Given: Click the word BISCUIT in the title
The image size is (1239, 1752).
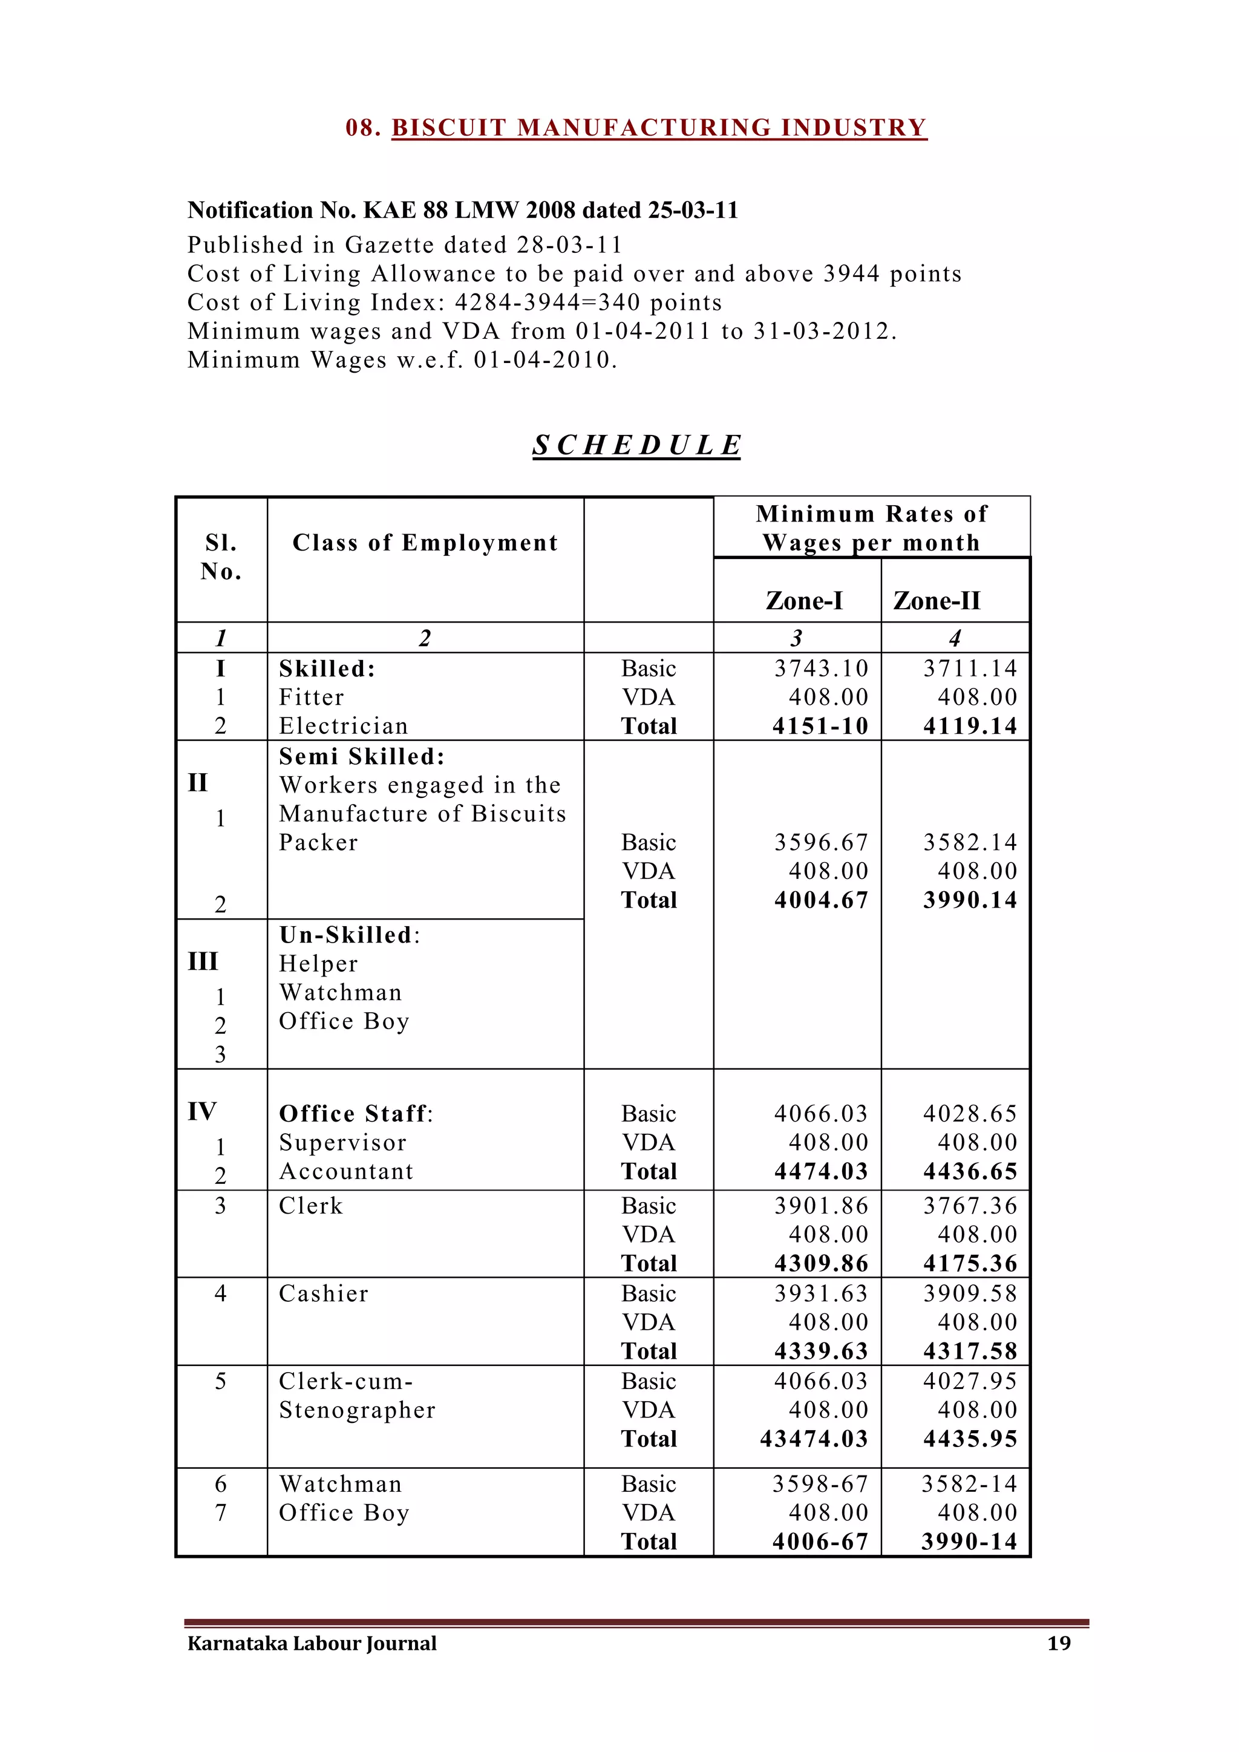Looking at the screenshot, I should point(449,128).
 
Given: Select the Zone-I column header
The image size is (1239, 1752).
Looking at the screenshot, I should point(804,601).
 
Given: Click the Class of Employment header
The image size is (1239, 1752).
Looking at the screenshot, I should point(425,543).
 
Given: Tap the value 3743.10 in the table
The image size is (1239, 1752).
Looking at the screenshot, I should point(821,668).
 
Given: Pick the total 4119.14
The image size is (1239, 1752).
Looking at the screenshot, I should point(970,726).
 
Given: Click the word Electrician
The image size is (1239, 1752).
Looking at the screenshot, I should point(343,726).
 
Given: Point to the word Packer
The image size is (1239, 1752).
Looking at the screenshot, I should point(318,843).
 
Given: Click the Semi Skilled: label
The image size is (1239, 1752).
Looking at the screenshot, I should point(362,756).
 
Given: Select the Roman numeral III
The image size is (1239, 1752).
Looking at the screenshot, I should point(203,961).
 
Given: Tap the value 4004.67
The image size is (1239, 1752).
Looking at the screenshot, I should point(821,900).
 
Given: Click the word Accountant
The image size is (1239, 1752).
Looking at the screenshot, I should point(345,1171).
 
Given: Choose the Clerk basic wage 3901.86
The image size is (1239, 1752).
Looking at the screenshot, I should point(821,1206).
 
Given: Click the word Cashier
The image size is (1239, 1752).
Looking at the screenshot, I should point(324,1293).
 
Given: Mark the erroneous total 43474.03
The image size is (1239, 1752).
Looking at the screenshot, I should point(814,1439).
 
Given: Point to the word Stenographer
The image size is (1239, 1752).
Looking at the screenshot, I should point(357,1410).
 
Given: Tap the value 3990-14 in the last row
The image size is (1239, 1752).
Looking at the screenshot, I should point(969,1541).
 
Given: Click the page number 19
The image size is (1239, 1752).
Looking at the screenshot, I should point(1058,1643).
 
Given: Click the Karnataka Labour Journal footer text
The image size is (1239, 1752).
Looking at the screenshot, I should point(312,1643).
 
